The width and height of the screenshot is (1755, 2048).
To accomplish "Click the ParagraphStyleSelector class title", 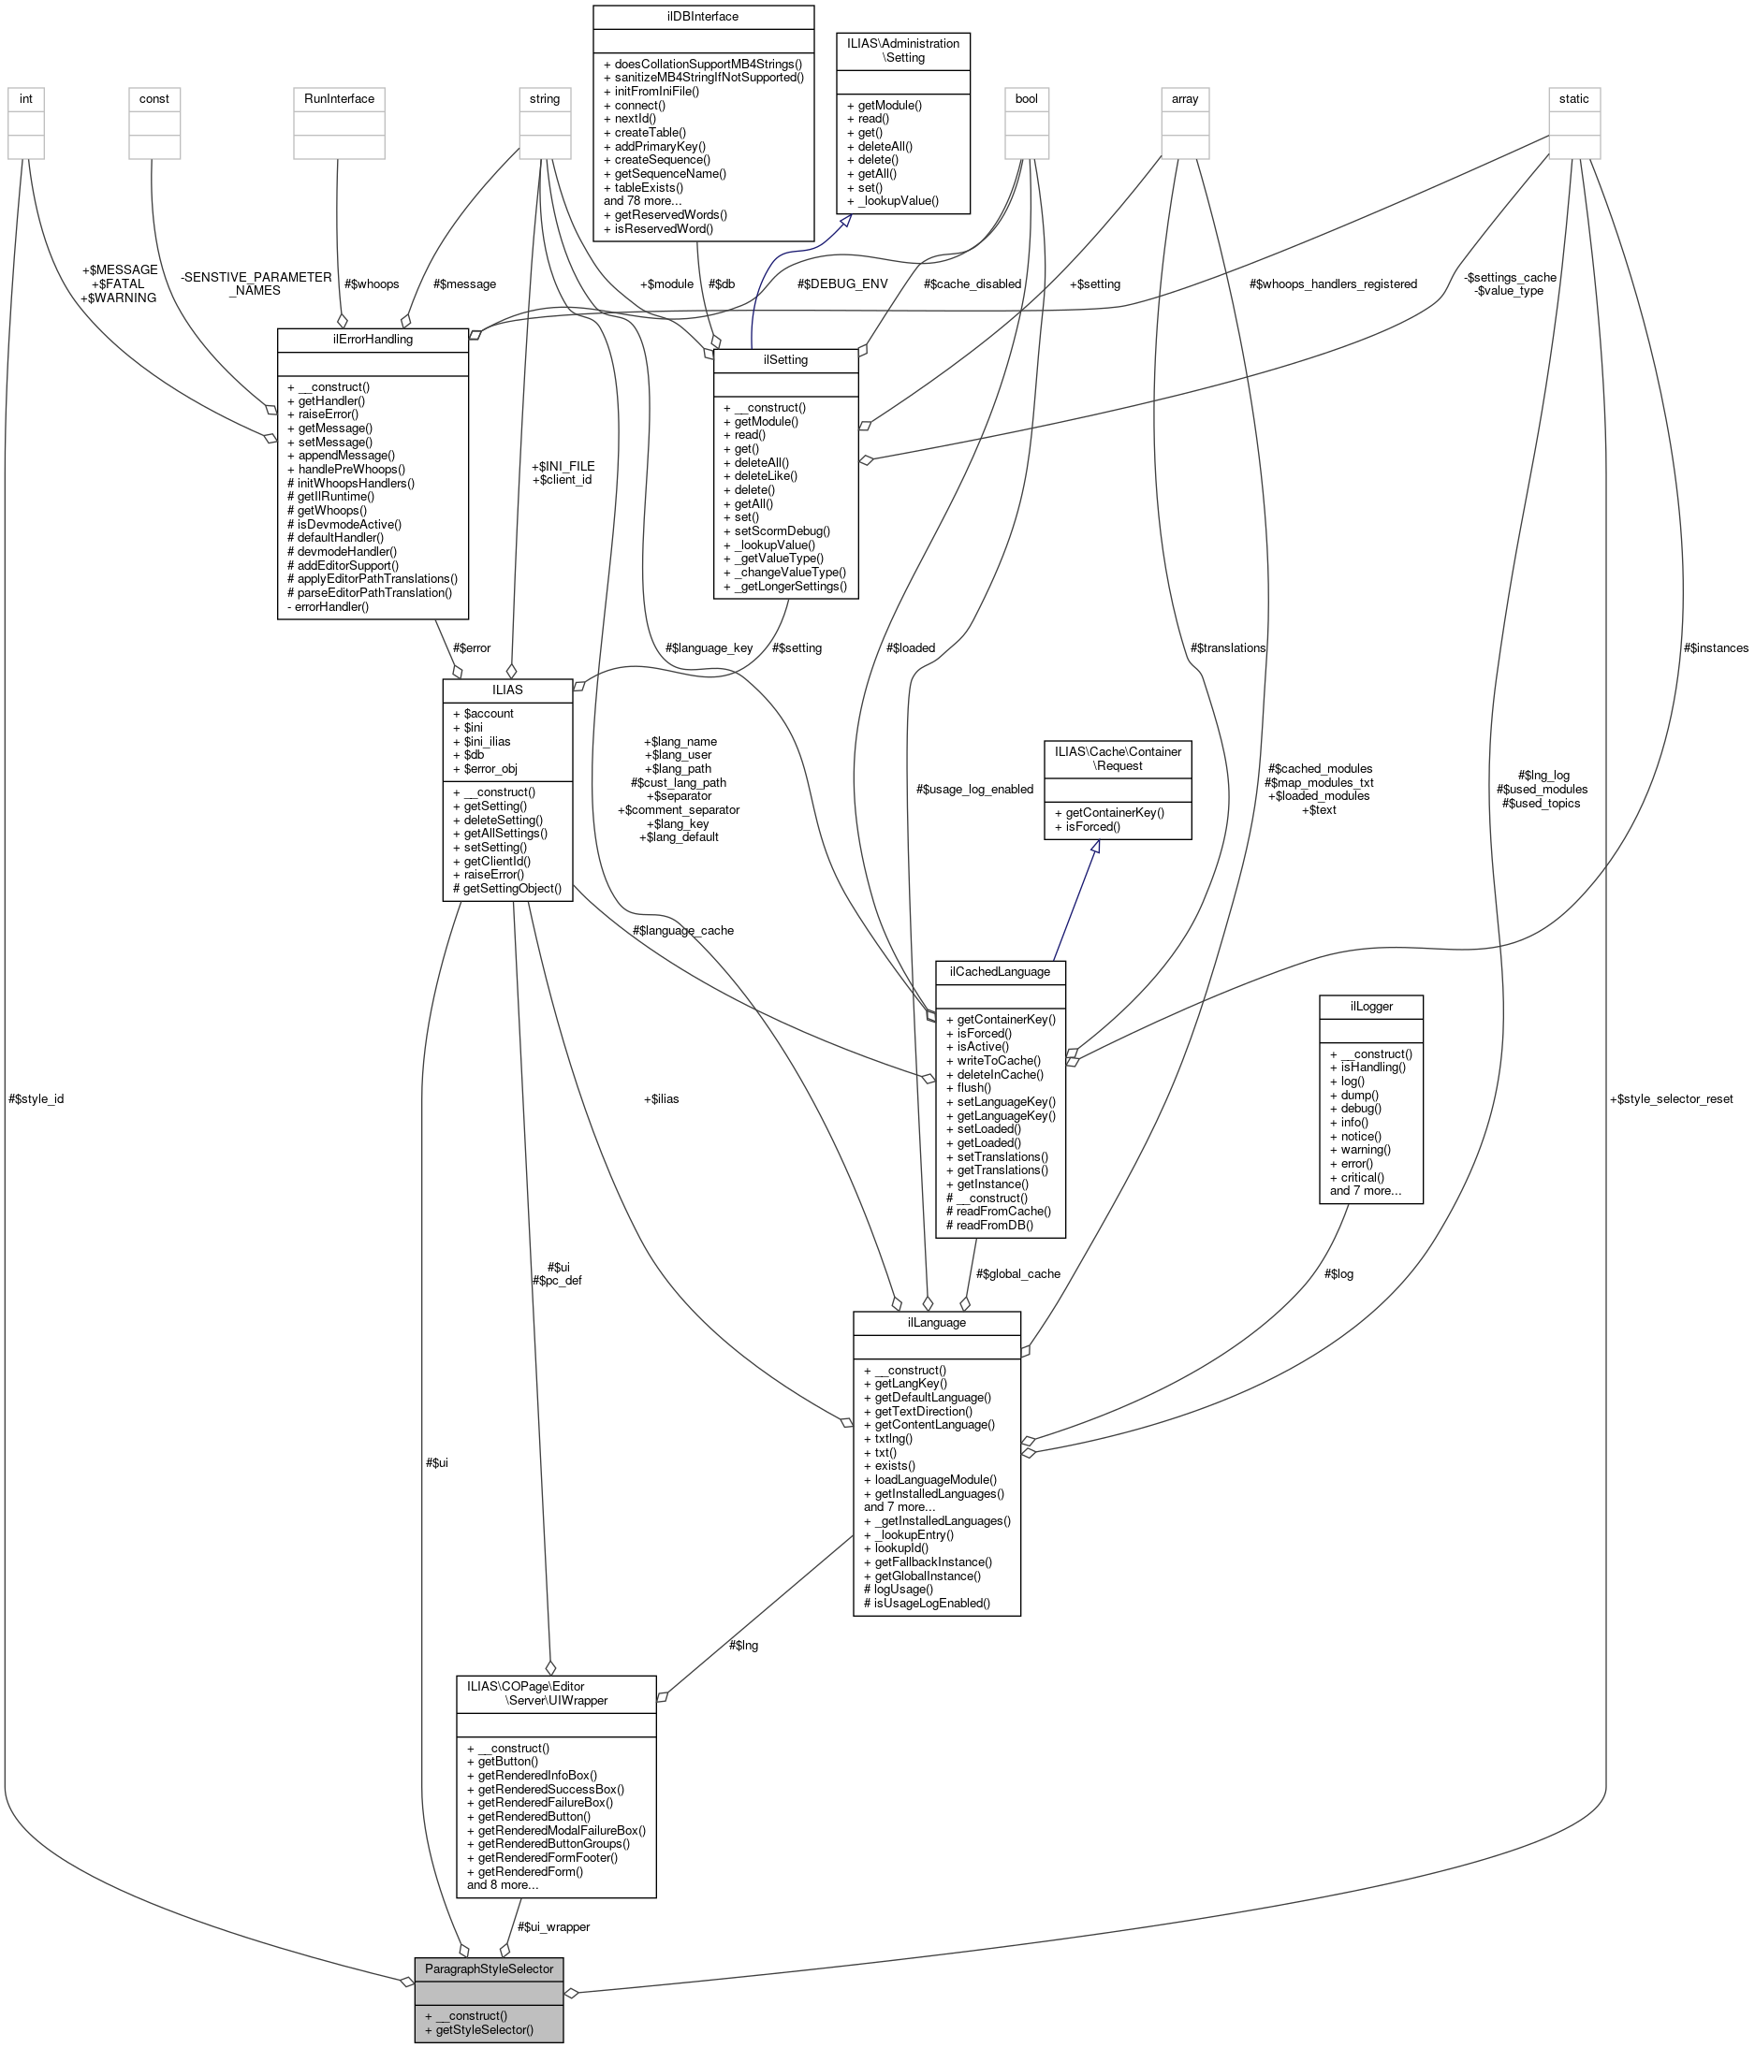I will click(489, 1968).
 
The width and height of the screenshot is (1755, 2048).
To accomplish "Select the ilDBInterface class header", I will click(702, 17).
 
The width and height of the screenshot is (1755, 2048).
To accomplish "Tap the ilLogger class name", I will click(1370, 1006).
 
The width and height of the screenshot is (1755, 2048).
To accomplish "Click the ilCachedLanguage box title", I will click(1000, 972).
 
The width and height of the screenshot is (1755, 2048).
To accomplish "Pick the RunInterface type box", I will click(339, 99).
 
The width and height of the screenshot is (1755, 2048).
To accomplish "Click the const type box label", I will click(154, 99).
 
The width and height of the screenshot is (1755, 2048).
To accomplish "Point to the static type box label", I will click(1573, 99).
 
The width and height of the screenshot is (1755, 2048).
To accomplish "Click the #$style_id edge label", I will click(36, 1099).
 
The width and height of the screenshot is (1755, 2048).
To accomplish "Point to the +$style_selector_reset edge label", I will click(1671, 1099).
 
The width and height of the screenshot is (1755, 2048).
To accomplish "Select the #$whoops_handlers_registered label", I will click(1332, 284).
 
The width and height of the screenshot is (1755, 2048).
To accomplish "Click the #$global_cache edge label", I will click(1017, 1274).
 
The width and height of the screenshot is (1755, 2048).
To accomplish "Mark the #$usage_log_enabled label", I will click(973, 789).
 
